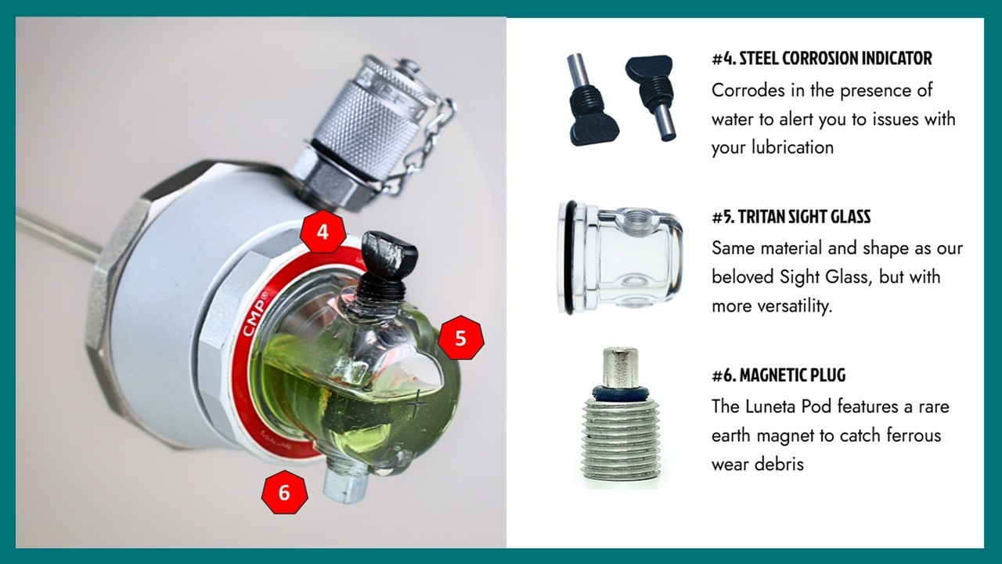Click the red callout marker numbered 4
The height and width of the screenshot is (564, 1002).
coord(323,232)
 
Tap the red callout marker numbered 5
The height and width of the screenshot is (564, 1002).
coord(461,338)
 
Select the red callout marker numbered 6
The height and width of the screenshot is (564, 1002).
coord(284,492)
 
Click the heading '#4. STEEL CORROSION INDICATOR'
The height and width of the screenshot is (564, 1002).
coord(822,59)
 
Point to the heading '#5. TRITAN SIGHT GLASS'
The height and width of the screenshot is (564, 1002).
coord(791,217)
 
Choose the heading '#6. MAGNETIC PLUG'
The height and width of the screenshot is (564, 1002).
coord(778,375)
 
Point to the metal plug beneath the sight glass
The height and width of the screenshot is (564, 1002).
coord(344,484)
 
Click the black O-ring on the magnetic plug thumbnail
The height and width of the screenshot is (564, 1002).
coord(622,392)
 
